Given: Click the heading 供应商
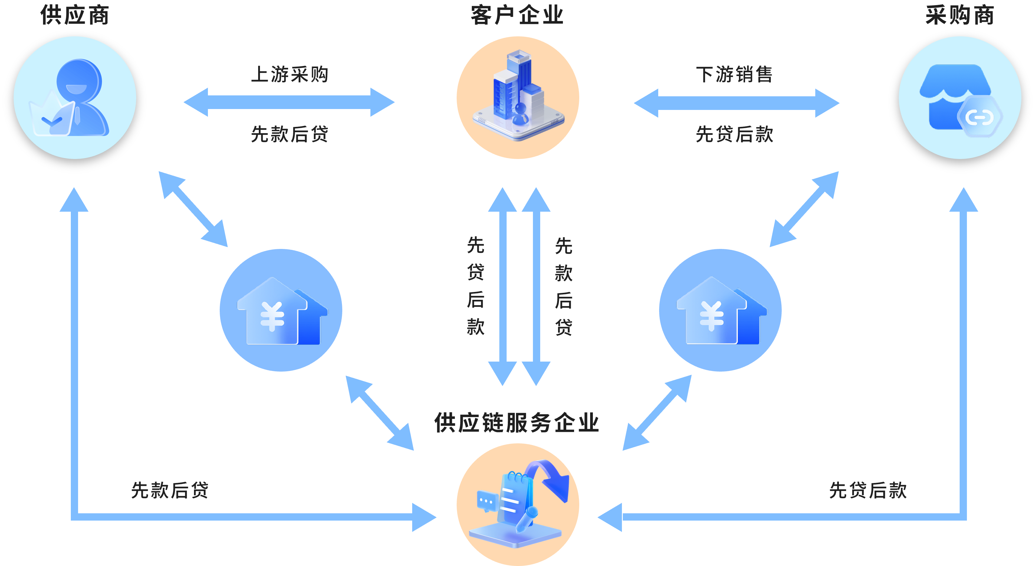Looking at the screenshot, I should pos(75,15).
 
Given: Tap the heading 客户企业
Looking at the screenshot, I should pos(517,15).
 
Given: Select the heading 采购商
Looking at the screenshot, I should pos(960,15).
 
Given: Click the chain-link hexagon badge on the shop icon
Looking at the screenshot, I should pos(979,117).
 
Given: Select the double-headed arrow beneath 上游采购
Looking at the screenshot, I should pos(289,102).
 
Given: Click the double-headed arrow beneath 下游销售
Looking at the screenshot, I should pos(737,103).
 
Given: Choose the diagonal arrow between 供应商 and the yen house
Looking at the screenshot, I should pos(193,209).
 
